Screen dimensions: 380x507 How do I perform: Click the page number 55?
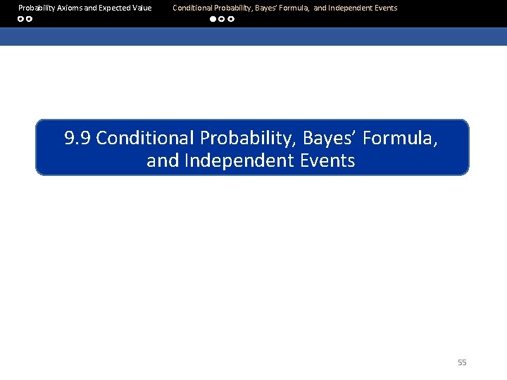pyautogui.click(x=462, y=362)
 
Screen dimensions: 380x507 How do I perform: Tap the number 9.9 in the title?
pyautogui.click(x=77, y=138)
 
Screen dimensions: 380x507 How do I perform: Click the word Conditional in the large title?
pyautogui.click(x=146, y=138)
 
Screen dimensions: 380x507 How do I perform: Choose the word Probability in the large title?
pyautogui.click(x=247, y=138)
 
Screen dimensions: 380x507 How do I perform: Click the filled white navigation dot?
pyautogui.click(x=213, y=19)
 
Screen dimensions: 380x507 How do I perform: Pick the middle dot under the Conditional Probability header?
pyautogui.click(x=222, y=19)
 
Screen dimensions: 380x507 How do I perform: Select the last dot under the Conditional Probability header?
pyautogui.click(x=231, y=19)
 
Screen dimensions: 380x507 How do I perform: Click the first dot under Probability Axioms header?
pyautogui.click(x=21, y=19)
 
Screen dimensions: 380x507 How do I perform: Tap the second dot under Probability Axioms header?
pyautogui.click(x=30, y=19)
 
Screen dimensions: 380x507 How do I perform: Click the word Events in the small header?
pyautogui.click(x=386, y=8)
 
